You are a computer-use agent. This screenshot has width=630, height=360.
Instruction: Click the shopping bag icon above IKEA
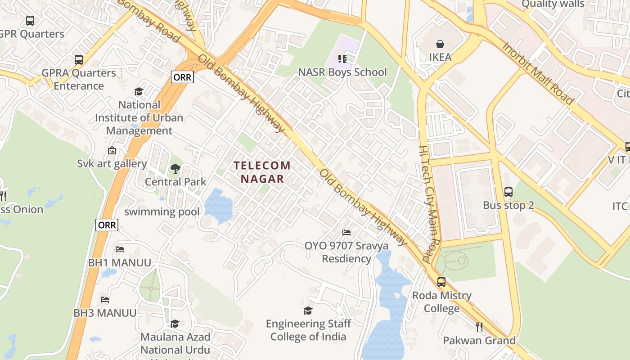tap(440, 44)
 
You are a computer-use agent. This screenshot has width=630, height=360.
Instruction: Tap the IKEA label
tap(440, 57)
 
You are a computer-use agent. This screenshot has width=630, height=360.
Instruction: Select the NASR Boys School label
tap(342, 72)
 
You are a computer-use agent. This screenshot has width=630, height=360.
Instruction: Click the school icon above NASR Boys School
tap(342, 59)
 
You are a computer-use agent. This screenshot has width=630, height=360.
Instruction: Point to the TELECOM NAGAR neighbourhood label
tap(262, 172)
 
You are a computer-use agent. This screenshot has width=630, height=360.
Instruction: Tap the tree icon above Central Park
tap(175, 169)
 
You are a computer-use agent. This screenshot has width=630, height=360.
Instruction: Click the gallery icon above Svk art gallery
tap(112, 150)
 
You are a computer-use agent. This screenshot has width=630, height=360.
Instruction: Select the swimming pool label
tap(162, 211)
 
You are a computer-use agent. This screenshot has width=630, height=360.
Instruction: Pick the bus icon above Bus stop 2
tap(508, 192)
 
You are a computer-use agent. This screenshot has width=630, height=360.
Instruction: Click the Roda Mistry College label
tap(441, 302)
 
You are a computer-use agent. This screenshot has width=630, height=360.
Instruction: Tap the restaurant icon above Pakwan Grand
tap(479, 327)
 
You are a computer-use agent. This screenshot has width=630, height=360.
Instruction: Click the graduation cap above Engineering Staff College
tap(308, 310)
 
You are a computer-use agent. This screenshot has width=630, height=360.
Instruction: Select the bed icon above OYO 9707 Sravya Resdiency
tap(346, 233)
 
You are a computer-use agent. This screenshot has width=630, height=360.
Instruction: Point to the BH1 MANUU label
tap(119, 262)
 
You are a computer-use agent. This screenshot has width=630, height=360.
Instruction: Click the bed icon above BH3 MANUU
tap(105, 299)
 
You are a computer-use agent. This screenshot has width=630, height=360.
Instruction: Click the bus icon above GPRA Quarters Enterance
tap(79, 59)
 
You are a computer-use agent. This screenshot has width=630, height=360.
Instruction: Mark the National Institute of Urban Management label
tap(139, 117)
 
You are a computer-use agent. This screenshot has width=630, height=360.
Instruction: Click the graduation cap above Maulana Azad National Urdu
tap(175, 324)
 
